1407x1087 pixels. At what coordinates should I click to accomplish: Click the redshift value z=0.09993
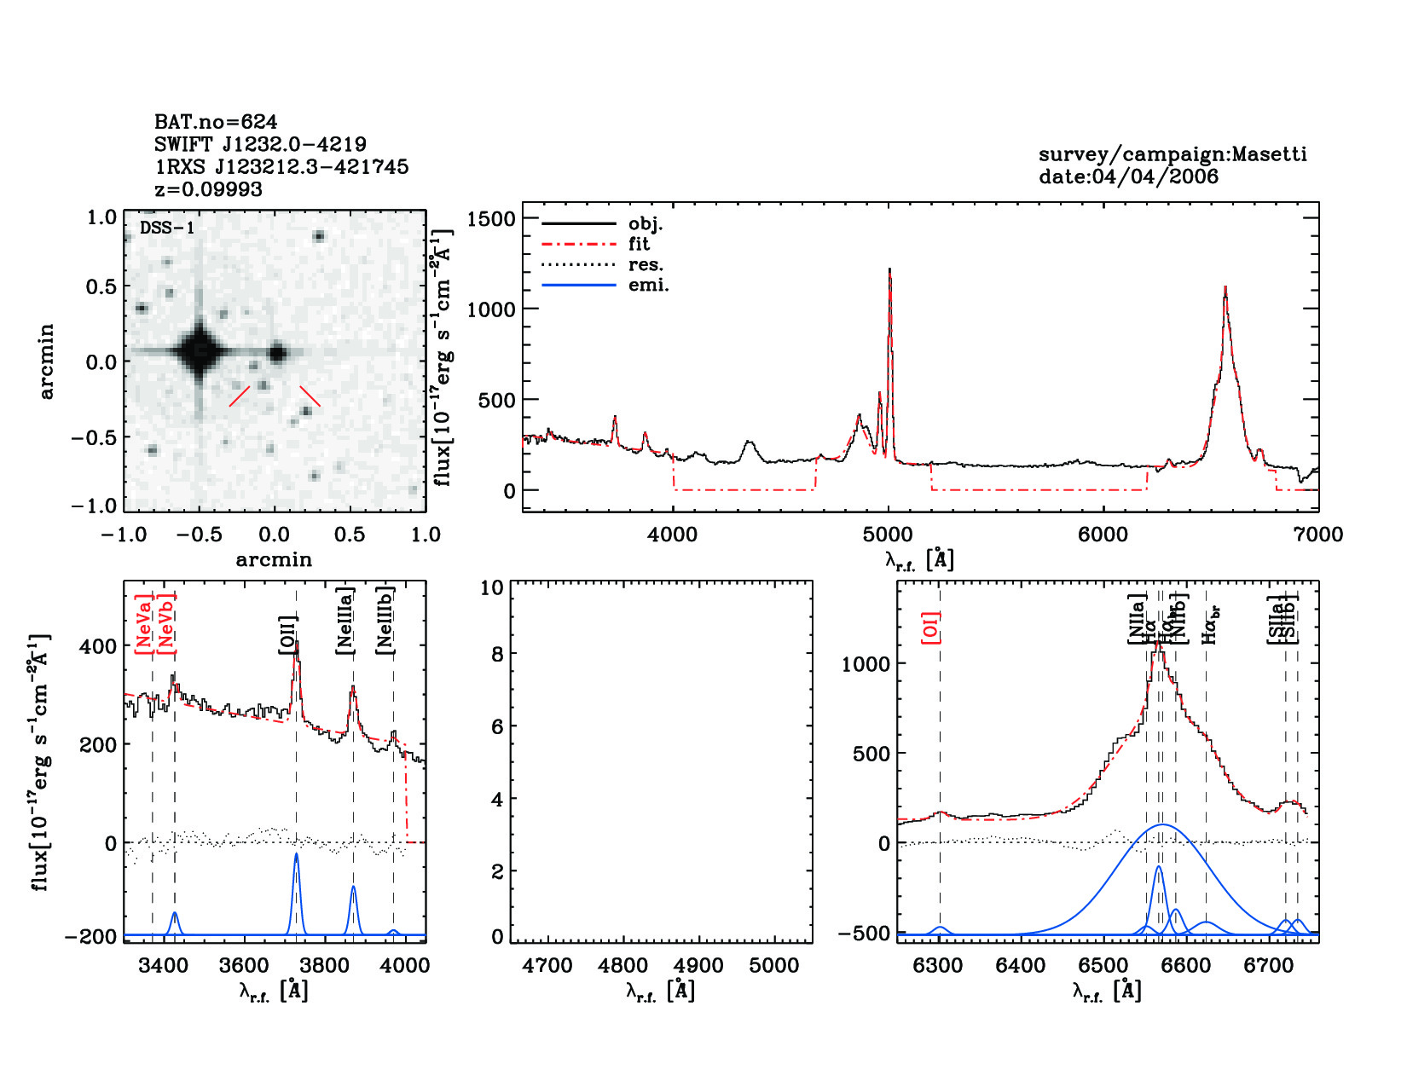click(x=209, y=189)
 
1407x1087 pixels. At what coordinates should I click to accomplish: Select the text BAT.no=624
click(x=216, y=122)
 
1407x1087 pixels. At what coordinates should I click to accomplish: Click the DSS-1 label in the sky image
click(x=167, y=228)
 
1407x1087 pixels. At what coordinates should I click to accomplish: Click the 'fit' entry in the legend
click(x=639, y=245)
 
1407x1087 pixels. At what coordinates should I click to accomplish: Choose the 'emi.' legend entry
click(x=648, y=286)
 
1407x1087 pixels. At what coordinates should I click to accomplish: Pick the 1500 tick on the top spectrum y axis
click(x=491, y=219)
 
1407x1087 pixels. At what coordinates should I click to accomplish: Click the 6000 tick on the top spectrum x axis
click(x=1103, y=535)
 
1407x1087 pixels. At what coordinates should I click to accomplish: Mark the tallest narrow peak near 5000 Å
click(x=889, y=271)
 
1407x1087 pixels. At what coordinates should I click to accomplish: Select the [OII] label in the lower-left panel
click(x=288, y=635)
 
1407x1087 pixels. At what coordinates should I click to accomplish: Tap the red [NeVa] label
click(x=143, y=628)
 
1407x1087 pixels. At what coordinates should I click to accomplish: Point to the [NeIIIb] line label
click(x=385, y=621)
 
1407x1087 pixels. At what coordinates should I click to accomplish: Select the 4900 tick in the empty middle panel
click(x=699, y=966)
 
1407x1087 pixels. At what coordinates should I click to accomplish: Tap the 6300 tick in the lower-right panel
click(x=938, y=966)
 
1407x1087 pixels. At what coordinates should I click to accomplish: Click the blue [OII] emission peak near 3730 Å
click(x=296, y=855)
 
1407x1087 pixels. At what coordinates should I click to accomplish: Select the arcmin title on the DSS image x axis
click(x=274, y=560)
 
